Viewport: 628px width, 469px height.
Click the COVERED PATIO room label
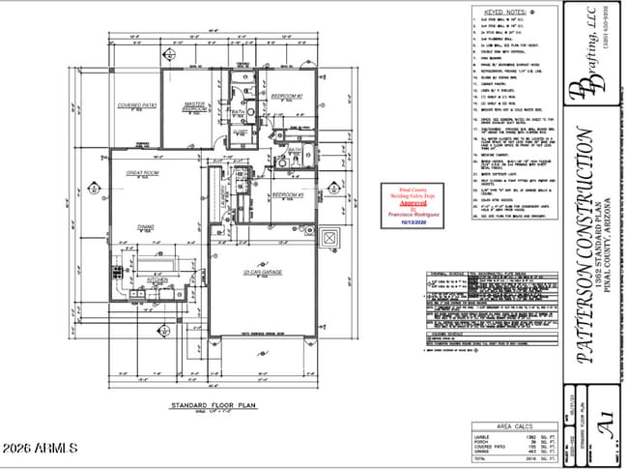pos(137,105)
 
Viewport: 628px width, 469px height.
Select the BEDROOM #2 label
pos(286,97)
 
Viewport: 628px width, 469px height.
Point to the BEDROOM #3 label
pos(287,195)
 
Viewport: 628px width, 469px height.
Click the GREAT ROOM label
pos(143,172)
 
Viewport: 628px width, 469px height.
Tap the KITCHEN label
pos(157,279)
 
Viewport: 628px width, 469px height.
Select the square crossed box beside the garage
pos(329,237)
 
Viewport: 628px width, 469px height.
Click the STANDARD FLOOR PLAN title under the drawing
pos(211,405)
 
